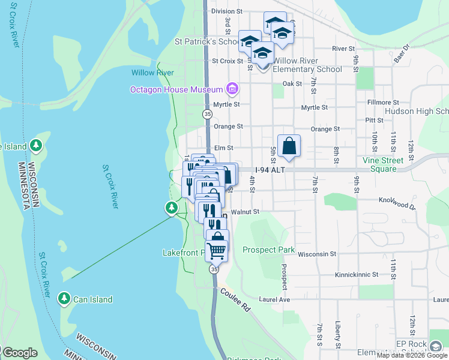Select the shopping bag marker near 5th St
pyautogui.click(x=289, y=146)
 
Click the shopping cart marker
pyautogui.click(x=216, y=251)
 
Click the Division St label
pyautogui.click(x=226, y=11)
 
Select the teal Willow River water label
pyautogui.click(x=152, y=73)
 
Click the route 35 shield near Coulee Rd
pyautogui.click(x=214, y=270)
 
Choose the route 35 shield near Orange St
pyautogui.click(x=207, y=113)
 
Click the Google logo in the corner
pyautogui.click(x=20, y=353)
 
